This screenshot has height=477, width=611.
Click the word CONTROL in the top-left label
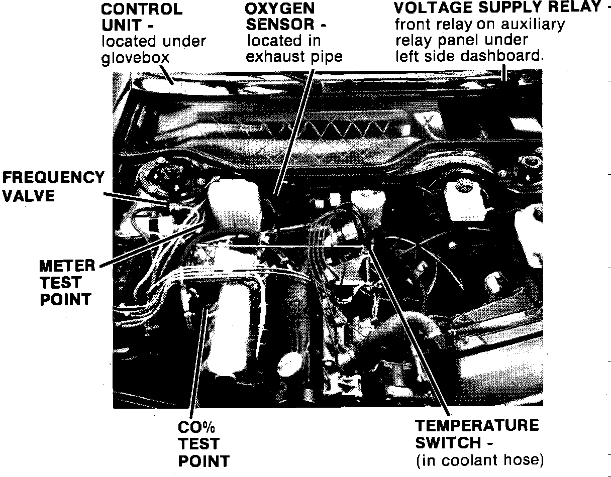tap(142, 9)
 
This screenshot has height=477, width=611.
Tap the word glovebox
tap(135, 58)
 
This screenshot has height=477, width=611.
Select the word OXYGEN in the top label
tap(280, 9)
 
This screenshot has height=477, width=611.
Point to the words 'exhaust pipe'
tap(294, 57)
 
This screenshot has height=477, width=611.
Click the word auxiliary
tap(533, 24)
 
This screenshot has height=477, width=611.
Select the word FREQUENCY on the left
tap(53, 178)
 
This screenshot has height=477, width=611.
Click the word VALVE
tap(29, 196)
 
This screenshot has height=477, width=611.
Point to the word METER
tap(67, 266)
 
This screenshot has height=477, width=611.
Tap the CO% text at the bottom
tap(196, 428)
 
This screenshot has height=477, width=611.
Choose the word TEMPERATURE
tap(477, 425)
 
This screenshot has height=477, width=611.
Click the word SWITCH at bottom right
tap(448, 443)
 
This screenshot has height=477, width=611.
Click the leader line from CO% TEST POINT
tap(199, 363)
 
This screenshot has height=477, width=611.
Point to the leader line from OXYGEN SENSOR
tap(294, 132)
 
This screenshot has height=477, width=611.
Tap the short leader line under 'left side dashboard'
tap(504, 73)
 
